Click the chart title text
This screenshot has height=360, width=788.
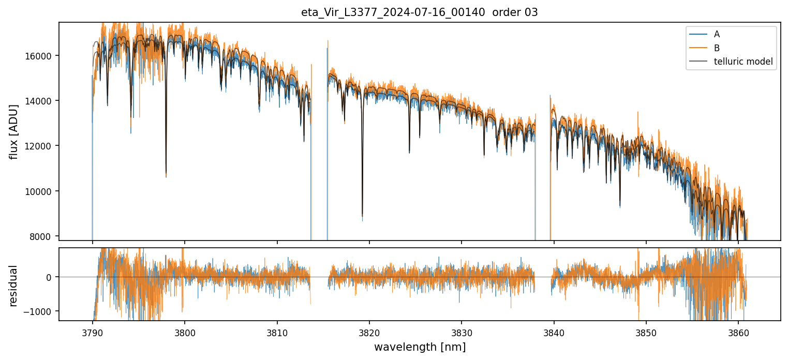[420, 12]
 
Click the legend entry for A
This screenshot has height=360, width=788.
[717, 35]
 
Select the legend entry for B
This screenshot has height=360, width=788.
[717, 48]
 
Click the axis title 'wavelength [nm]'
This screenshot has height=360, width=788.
[420, 347]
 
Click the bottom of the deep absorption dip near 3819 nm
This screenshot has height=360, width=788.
[362, 216]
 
